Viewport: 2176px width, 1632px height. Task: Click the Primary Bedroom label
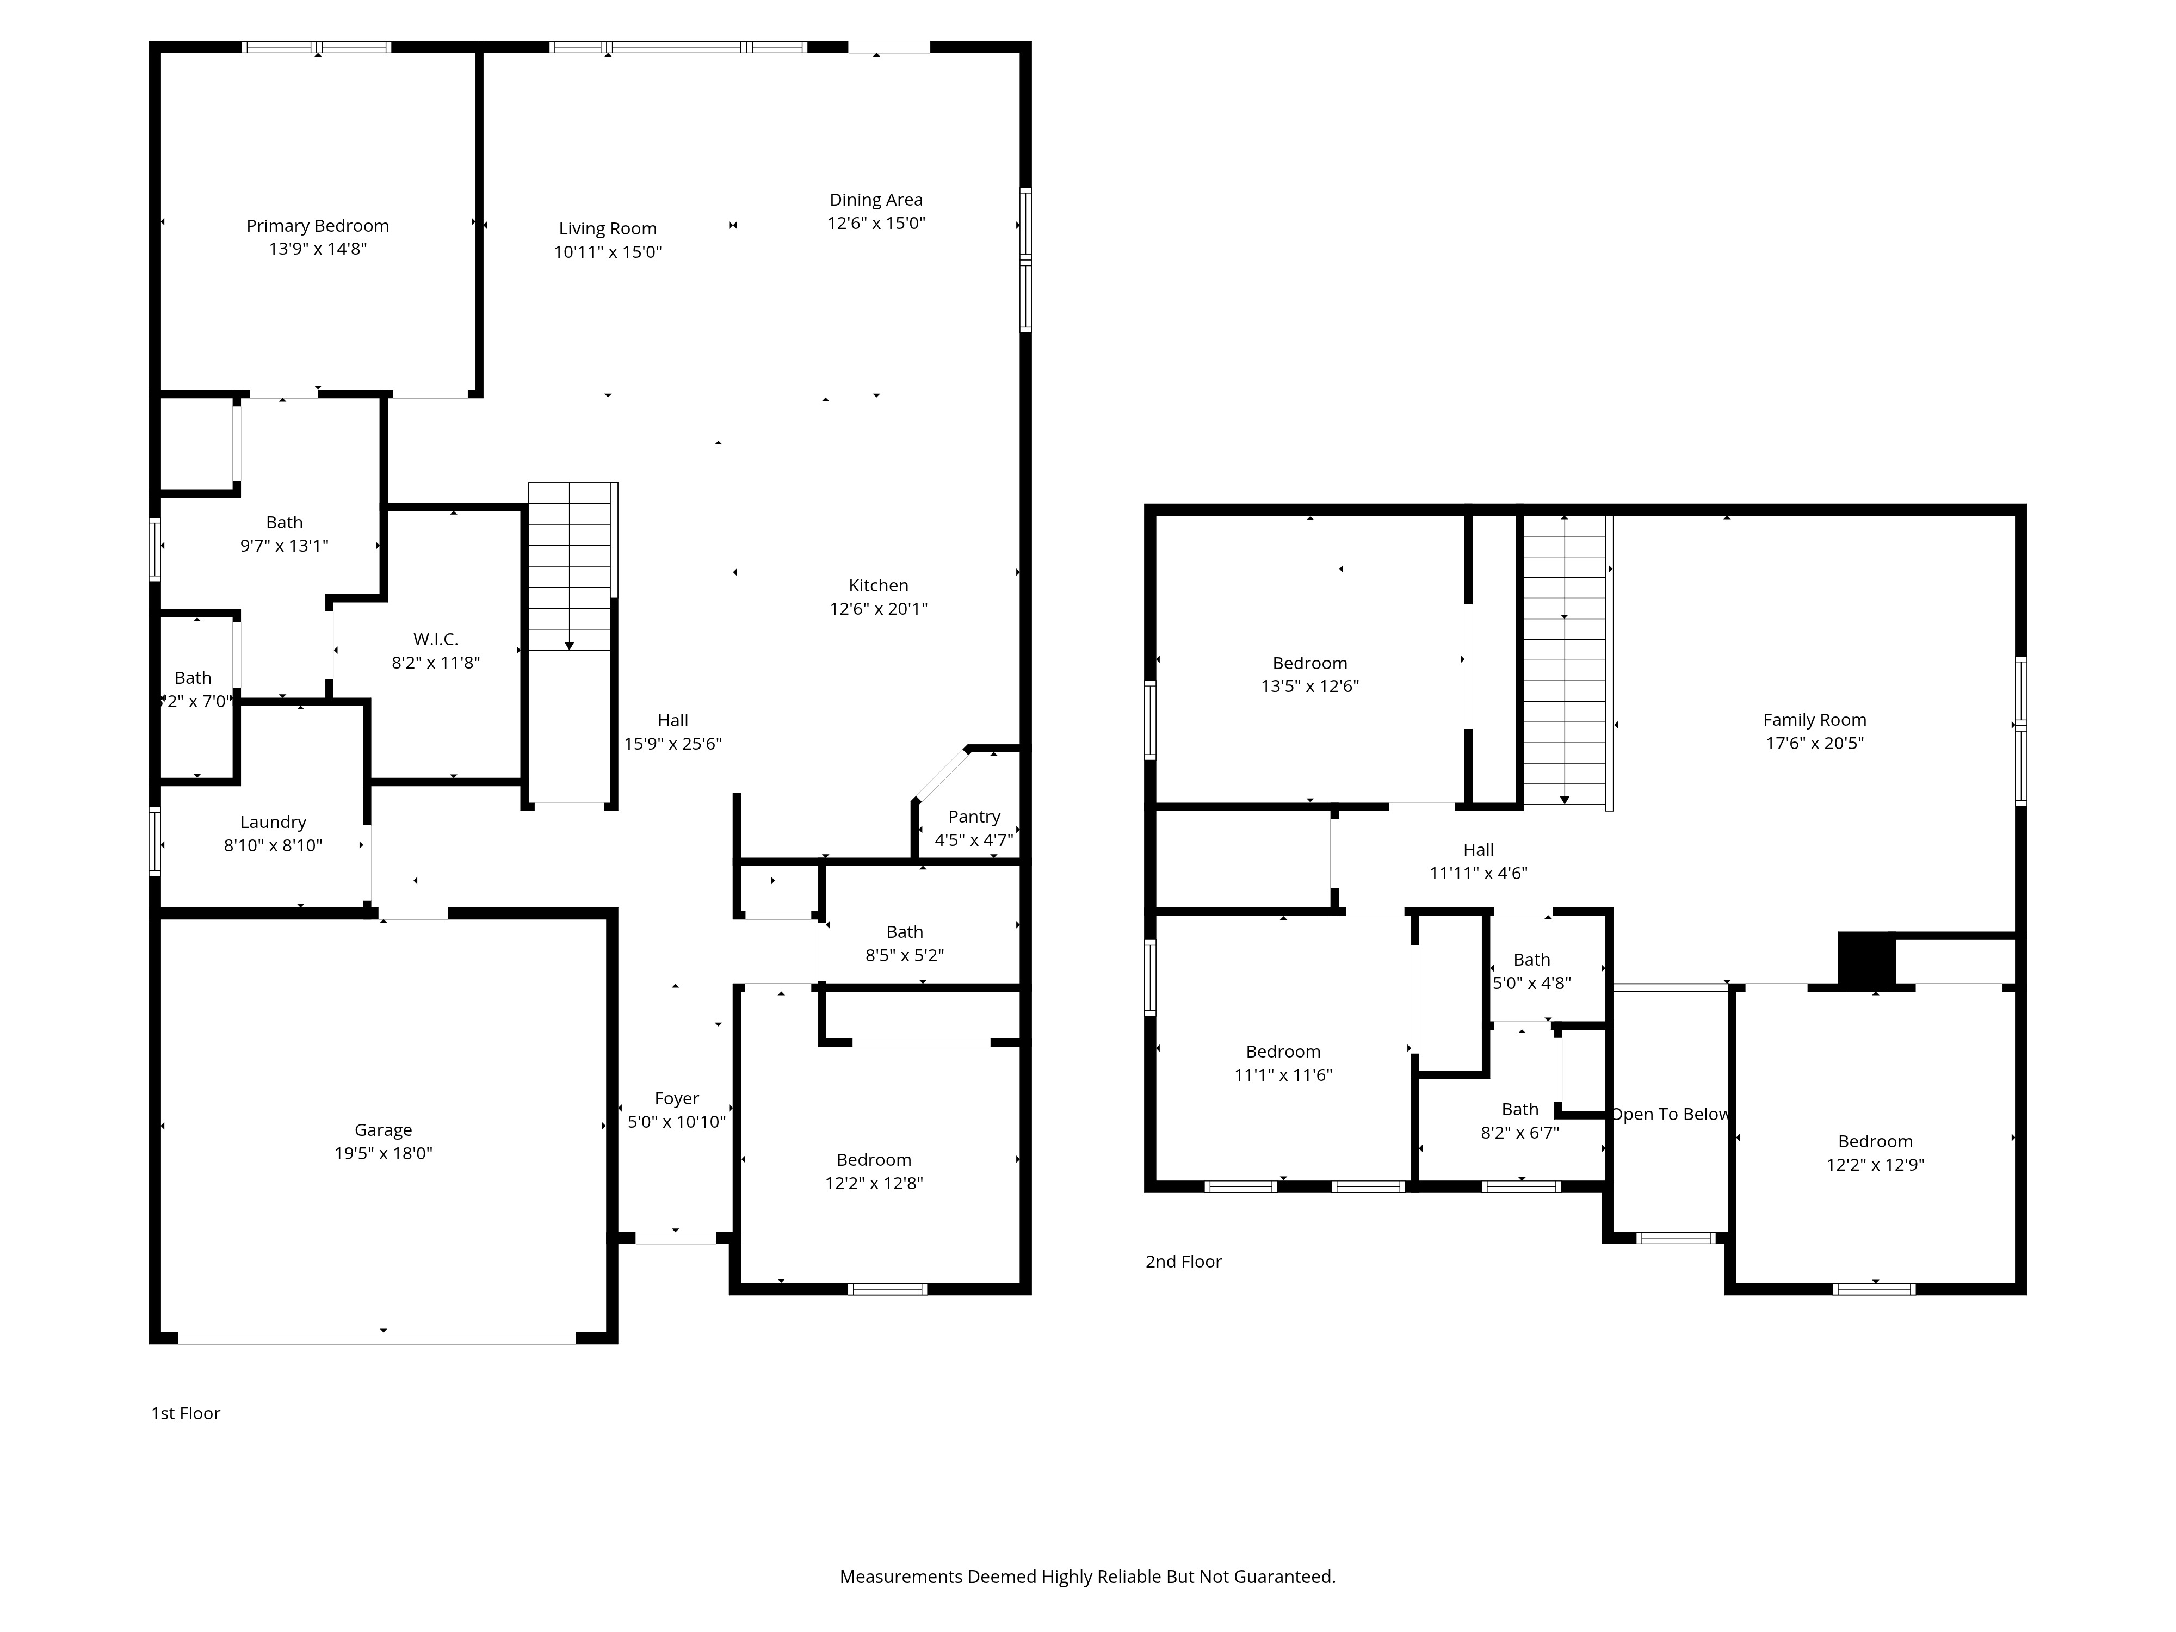click(318, 226)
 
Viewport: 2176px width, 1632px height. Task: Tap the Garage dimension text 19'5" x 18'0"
click(384, 1153)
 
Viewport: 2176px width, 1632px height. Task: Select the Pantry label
click(974, 817)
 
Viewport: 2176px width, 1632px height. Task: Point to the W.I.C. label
click(436, 639)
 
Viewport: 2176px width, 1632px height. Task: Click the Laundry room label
click(274, 823)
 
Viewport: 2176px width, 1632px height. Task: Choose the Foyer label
click(677, 1099)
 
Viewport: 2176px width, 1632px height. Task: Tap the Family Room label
click(1815, 720)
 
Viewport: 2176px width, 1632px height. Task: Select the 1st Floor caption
click(185, 1414)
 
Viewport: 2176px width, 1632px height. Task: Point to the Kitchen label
click(879, 585)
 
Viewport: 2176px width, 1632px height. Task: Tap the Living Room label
click(608, 228)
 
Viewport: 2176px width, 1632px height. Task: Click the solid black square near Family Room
click(1866, 959)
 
